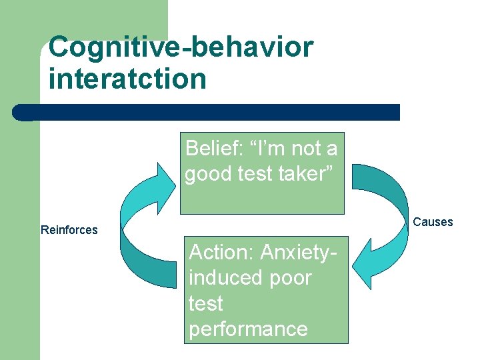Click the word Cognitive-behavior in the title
pos(181,48)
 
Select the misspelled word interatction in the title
pos(127,79)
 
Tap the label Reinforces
pos(69,230)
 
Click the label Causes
pos(433,222)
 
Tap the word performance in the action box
pos(248,329)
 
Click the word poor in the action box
pos(291,277)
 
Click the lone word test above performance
pos(205,303)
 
